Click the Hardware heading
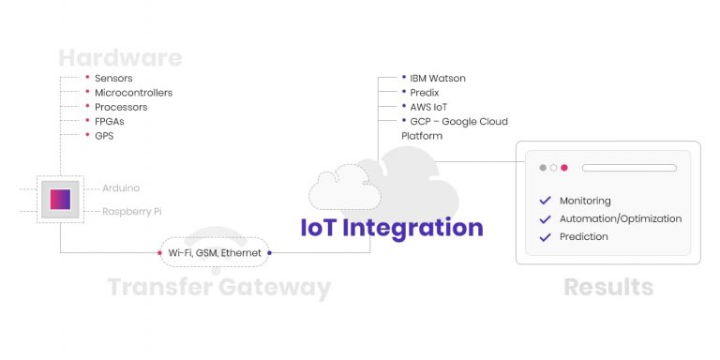tap(119, 58)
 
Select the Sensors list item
tap(113, 78)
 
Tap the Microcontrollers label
tap(133, 93)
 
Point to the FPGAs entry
tap(109, 122)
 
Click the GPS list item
tap(104, 136)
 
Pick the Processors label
tap(121, 107)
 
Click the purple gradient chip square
tap(60, 199)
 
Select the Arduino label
tap(121, 188)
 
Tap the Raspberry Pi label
tap(131, 212)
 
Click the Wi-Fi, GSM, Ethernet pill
tap(215, 253)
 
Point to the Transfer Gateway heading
tap(218, 288)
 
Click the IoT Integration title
tap(391, 228)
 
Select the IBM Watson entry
tap(437, 78)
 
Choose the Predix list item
tap(425, 93)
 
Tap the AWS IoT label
tap(429, 107)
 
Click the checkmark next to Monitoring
tap(545, 201)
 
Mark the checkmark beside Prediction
tap(545, 237)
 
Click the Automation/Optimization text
tap(620, 218)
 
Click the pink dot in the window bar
tap(564, 168)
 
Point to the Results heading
tap(607, 287)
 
